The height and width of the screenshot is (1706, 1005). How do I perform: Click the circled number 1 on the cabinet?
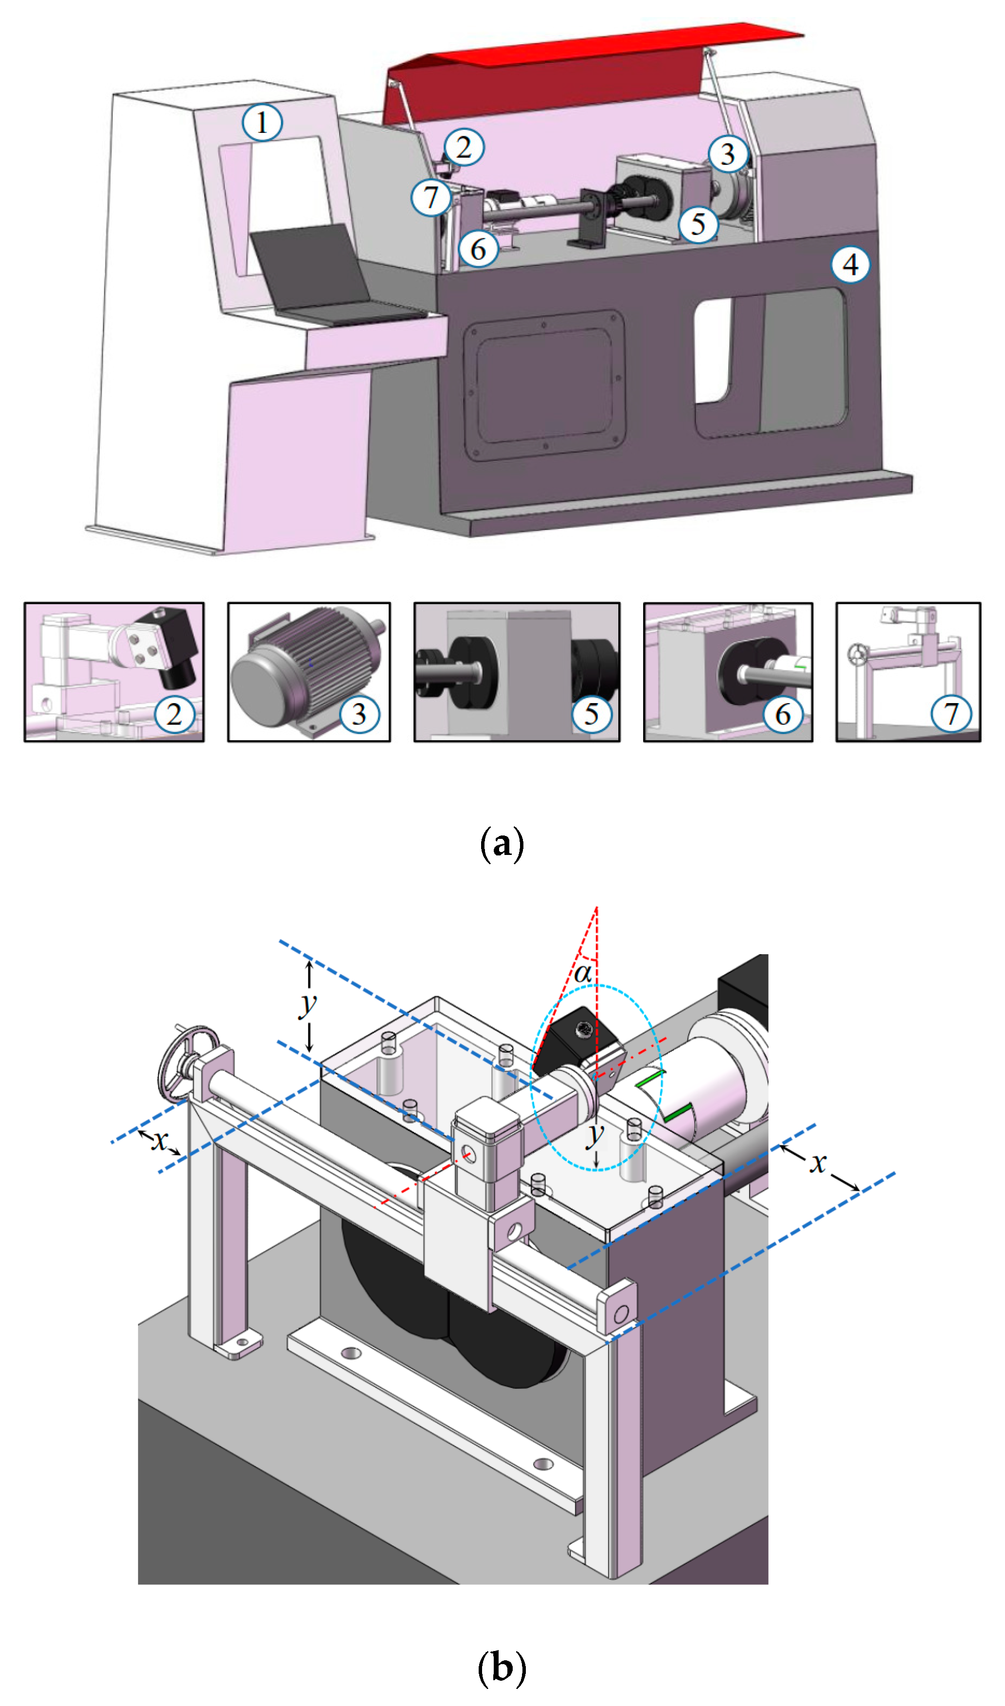[x=262, y=123]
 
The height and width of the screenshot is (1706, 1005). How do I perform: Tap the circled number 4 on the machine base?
[x=851, y=264]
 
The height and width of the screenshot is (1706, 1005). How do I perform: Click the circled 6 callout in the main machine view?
[x=478, y=249]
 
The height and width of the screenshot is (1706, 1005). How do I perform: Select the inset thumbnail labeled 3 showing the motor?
[x=309, y=672]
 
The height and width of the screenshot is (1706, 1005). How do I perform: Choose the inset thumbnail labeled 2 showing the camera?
[x=114, y=672]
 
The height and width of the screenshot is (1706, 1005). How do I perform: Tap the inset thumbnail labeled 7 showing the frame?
[x=908, y=672]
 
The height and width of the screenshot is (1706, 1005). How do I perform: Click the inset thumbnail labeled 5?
[x=517, y=672]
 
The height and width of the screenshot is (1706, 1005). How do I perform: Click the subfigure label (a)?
[x=502, y=844]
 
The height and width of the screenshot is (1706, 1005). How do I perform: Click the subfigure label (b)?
[x=502, y=1668]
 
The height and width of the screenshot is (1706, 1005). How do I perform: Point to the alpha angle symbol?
[x=582, y=974]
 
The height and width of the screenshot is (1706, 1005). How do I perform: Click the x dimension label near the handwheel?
[x=160, y=1141]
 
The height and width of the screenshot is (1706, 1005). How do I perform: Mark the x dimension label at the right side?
[x=819, y=1163]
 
